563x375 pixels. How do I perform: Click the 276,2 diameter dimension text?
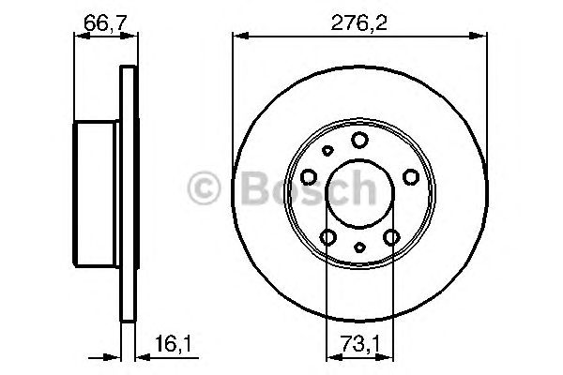[358, 16]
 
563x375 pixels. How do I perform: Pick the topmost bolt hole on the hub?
[359, 140]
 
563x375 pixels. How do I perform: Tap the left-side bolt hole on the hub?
[310, 176]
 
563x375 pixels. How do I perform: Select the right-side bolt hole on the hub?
[408, 176]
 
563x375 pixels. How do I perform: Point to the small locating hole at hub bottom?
[359, 249]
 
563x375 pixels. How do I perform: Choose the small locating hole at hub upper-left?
[327, 149]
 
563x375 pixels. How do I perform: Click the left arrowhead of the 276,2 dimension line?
[237, 36]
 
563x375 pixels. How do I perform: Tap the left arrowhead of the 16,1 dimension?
[116, 356]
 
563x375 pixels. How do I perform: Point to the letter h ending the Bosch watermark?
[362, 190]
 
